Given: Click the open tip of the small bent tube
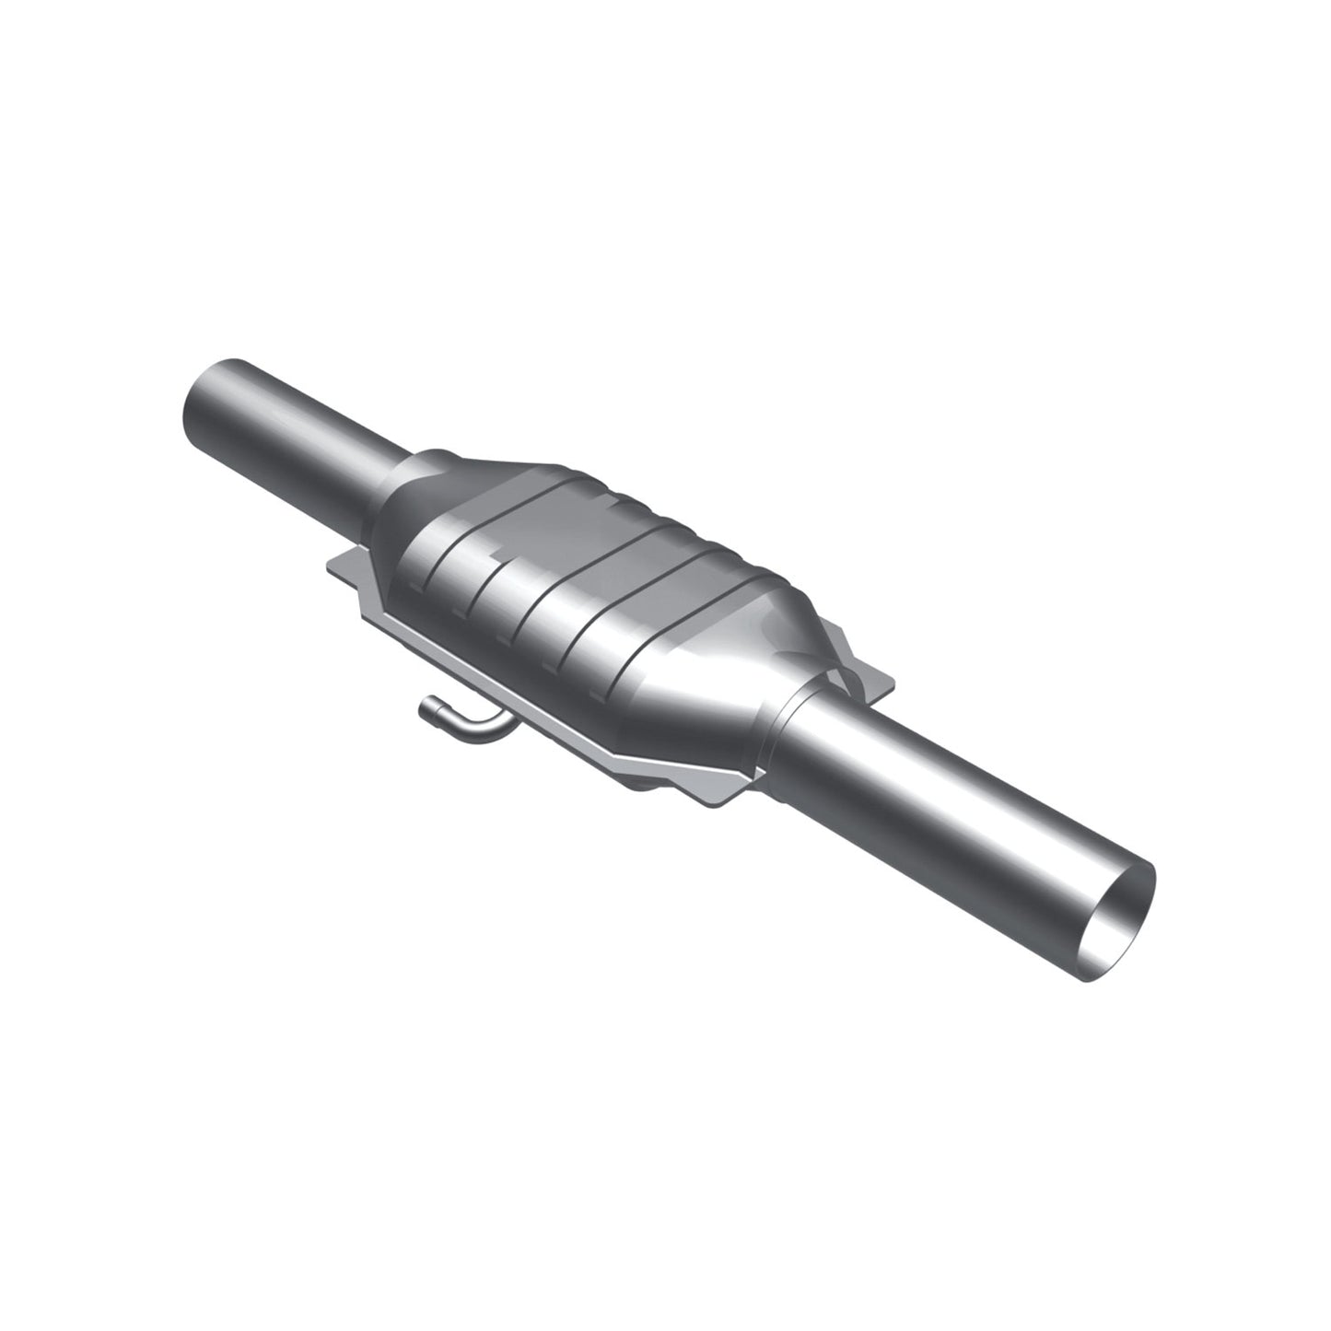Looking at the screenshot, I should click(x=426, y=708).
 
